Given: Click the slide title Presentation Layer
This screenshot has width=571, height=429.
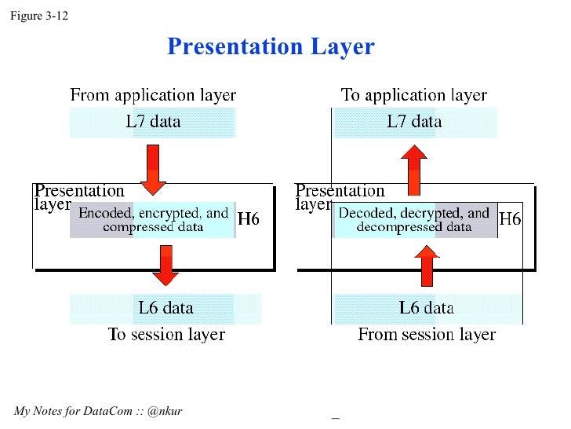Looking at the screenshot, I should (x=271, y=46).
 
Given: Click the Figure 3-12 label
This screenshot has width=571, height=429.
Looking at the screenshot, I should (x=38, y=16).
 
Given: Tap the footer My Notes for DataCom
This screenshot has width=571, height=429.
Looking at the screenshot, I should (x=98, y=411).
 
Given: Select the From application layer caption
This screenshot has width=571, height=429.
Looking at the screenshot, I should (x=153, y=96).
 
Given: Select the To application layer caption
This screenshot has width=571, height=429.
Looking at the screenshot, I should (x=413, y=96).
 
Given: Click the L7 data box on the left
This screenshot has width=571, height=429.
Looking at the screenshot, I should (x=153, y=122).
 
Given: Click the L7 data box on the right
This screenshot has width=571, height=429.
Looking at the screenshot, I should (x=414, y=122).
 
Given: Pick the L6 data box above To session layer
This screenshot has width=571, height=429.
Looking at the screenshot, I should (x=165, y=308).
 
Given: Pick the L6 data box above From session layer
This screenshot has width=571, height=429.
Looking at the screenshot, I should (x=427, y=308).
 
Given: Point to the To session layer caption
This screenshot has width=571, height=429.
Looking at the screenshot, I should (x=166, y=335).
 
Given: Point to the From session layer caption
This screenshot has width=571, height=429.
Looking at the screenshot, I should (x=427, y=335).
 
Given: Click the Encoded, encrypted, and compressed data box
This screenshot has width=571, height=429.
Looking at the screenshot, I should (x=153, y=219).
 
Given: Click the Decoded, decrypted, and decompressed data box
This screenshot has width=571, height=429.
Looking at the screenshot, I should (x=414, y=219).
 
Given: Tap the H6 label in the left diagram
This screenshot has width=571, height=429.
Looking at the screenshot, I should (x=249, y=220).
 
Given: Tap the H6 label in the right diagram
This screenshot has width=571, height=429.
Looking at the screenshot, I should (x=510, y=219).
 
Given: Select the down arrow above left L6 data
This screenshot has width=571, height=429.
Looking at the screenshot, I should (x=165, y=266).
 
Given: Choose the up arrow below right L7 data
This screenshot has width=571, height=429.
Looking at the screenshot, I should (x=414, y=170).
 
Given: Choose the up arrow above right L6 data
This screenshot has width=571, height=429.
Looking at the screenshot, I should (x=427, y=266).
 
